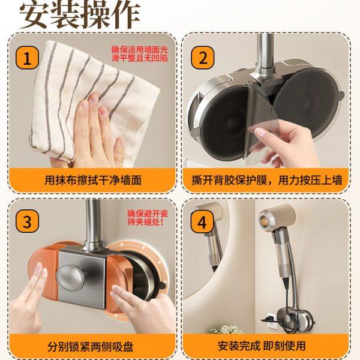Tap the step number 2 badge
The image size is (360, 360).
[x=203, y=59]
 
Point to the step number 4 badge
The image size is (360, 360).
[x=203, y=221]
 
